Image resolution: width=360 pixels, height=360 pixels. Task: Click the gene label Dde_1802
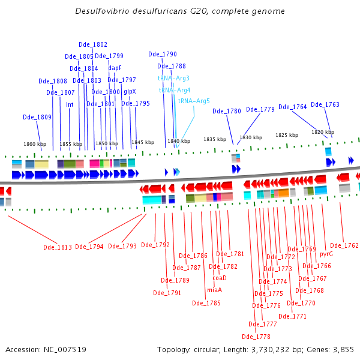93,44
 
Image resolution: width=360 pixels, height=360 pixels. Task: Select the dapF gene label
115,68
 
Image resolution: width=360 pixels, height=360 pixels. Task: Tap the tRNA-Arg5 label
194,101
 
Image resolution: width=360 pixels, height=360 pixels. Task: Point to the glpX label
130,92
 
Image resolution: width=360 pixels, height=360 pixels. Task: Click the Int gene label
70,104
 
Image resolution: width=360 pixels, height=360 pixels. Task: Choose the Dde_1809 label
37,118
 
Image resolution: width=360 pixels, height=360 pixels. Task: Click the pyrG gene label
326,254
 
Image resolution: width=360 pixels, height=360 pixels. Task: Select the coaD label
220,278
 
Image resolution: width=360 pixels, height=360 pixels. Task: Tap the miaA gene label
214,290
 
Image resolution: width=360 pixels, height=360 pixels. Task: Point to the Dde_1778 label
256,337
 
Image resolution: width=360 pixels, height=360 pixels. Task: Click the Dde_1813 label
58,247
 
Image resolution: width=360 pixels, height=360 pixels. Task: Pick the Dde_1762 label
344,245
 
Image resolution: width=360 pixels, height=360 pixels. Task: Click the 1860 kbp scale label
35,144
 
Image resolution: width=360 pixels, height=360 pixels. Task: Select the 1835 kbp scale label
215,139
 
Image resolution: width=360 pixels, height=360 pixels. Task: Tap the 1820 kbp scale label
323,132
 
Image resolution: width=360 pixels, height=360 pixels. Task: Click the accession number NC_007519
65,350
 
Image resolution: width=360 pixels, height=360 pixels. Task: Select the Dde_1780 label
227,112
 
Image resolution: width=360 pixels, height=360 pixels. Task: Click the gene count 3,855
343,350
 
